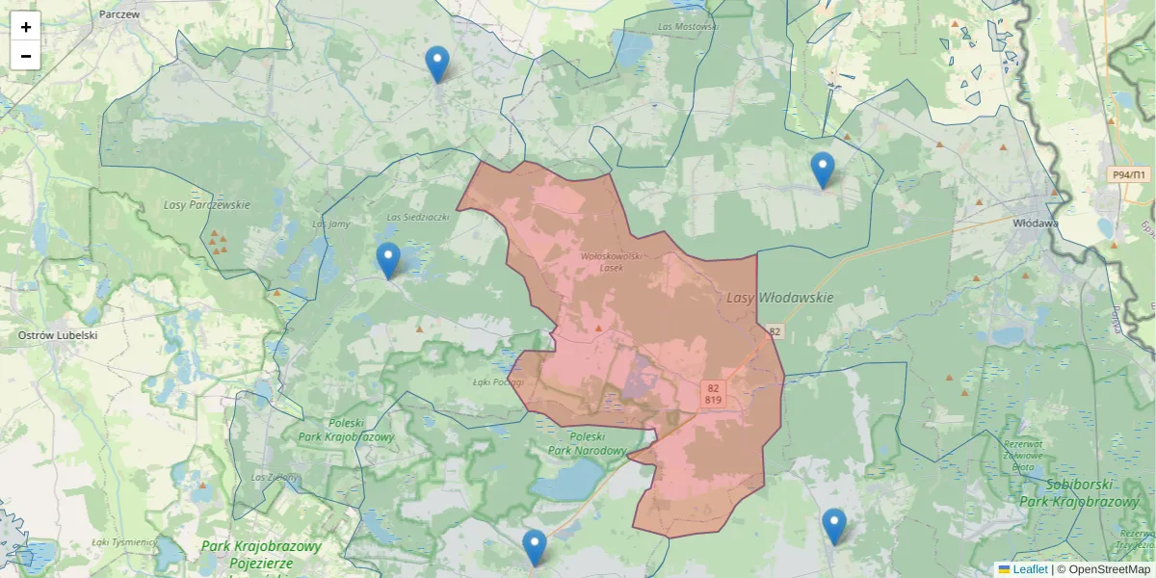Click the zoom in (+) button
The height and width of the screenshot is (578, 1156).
click(26, 27)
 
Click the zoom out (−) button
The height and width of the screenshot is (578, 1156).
click(26, 56)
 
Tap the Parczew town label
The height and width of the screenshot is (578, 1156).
click(119, 14)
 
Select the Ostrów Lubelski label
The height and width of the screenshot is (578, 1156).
click(58, 335)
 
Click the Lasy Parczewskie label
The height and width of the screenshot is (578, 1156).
click(206, 205)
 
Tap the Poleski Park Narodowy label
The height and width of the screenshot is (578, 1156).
click(588, 443)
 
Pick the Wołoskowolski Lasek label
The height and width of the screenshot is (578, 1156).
click(612, 261)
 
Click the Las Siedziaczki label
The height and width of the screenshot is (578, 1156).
click(418, 218)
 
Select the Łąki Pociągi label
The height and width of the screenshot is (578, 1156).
click(498, 381)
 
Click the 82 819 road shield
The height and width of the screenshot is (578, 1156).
click(713, 393)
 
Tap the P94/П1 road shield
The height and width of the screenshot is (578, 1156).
click(1128, 174)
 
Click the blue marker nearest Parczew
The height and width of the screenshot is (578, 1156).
click(437, 65)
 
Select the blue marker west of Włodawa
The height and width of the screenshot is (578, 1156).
click(822, 171)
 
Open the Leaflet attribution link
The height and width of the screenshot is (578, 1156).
click(1030, 569)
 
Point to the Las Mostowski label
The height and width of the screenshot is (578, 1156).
click(689, 27)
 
